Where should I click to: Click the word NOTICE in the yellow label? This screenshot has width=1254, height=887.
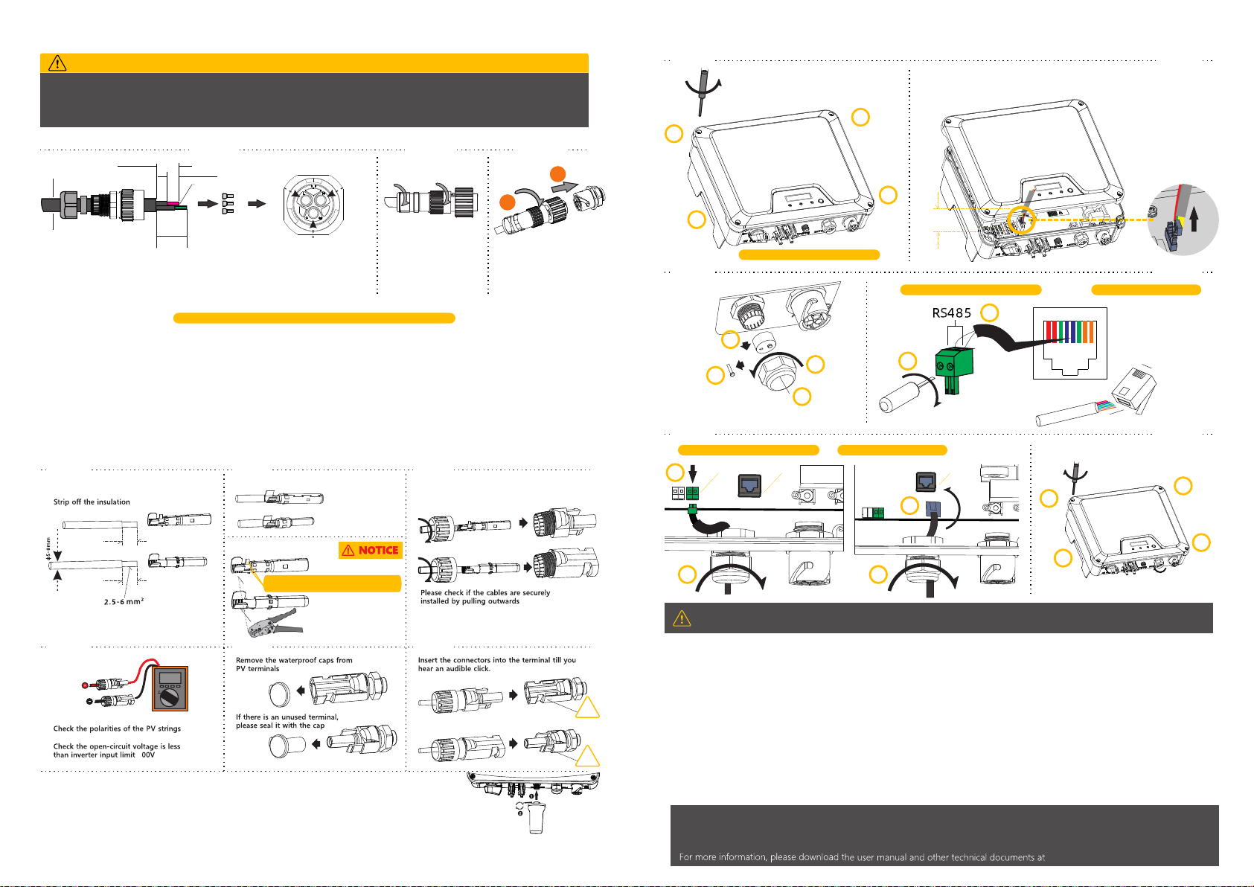tap(379, 550)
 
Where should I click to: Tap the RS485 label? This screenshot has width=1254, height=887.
tap(951, 313)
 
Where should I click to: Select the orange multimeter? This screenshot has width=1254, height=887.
tap(170, 688)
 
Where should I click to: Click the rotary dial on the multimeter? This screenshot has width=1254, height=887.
tap(168, 698)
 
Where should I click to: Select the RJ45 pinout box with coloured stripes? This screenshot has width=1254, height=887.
tap(1069, 343)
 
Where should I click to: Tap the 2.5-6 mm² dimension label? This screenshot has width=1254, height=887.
tap(124, 601)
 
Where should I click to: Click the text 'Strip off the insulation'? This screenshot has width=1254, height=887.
tap(92, 502)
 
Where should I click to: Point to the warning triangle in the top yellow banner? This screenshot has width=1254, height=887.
tap(57, 63)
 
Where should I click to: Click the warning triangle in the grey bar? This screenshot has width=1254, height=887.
tap(681, 618)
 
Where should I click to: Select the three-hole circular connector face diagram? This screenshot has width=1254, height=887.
tap(313, 205)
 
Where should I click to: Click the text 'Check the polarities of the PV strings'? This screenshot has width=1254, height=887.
tap(117, 729)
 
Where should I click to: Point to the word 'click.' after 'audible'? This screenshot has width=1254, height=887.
tap(480, 669)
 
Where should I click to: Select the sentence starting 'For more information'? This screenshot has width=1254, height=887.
tap(862, 856)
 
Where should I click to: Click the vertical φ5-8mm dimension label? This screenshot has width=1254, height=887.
tap(48, 549)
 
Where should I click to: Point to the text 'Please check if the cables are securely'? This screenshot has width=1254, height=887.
tap(485, 592)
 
